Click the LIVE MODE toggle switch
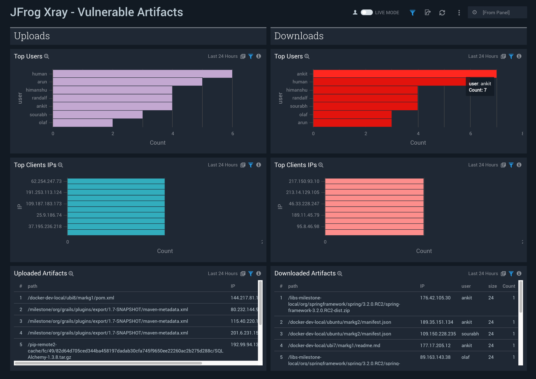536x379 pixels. click(x=366, y=12)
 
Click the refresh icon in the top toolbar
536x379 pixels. click(x=442, y=13)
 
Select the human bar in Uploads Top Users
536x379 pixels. click(x=142, y=74)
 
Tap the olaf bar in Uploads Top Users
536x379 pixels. click(x=83, y=123)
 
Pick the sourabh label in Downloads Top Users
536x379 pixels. click(x=299, y=106)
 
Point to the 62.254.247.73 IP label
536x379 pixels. click(x=46, y=181)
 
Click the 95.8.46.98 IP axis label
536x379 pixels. click(x=308, y=226)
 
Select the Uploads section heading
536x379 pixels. click(x=32, y=36)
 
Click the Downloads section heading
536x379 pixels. click(x=299, y=36)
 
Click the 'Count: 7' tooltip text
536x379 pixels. click(x=478, y=90)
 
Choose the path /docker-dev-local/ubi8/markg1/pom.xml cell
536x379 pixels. click(x=71, y=298)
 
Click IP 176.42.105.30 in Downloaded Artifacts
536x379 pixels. click(x=435, y=298)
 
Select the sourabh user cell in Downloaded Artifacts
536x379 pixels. click(x=470, y=334)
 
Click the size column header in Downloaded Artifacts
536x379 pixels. click(x=492, y=286)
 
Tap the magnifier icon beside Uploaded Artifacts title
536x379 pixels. click(x=71, y=274)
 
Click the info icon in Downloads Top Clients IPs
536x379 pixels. click(x=519, y=165)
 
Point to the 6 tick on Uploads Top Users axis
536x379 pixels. click(x=233, y=134)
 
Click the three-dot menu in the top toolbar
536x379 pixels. click(x=459, y=13)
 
